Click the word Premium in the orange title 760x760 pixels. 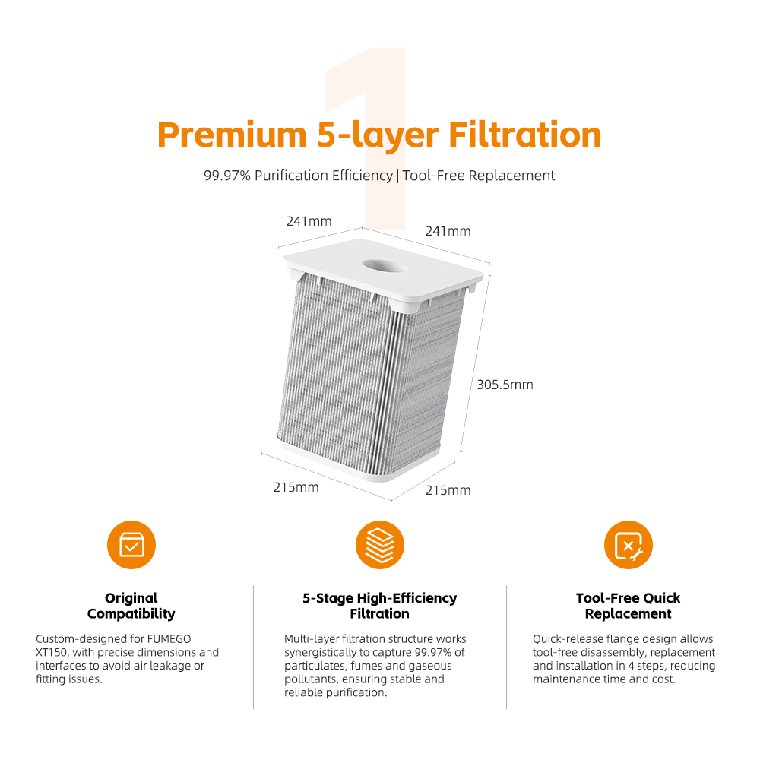pos(232,135)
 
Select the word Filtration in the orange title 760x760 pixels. pos(525,135)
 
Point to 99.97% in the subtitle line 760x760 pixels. pos(226,176)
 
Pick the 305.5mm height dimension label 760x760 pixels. pos(505,385)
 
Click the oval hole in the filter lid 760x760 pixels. pos(385,265)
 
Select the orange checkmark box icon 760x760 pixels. pos(131,545)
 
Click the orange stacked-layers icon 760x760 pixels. pos(380,545)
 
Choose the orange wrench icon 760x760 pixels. pos(629,545)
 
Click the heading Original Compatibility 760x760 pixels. pos(131,606)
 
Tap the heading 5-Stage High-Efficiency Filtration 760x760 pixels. pos(380,606)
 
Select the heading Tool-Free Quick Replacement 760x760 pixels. pos(629,606)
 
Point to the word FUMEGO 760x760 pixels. pos(169,639)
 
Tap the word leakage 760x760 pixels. pos(171,667)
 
